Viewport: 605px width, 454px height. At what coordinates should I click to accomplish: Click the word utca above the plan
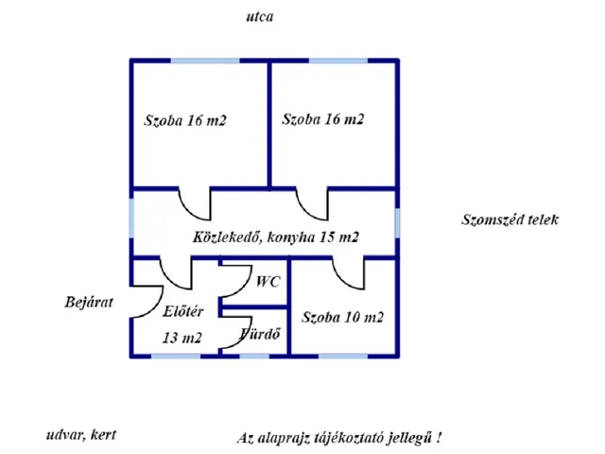point(260,17)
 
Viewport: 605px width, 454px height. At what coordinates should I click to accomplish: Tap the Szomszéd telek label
point(510,219)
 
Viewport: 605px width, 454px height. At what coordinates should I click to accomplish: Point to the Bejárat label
point(89,302)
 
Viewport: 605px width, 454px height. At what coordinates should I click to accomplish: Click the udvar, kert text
point(81,435)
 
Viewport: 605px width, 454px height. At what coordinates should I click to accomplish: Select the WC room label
point(268,282)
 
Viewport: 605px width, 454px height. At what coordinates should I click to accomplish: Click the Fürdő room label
point(259,334)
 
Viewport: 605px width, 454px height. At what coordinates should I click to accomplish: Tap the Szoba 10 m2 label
point(342,317)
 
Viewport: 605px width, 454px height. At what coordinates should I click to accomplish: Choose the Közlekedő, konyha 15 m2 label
point(276,236)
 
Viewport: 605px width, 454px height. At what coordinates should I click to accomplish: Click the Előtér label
point(182,311)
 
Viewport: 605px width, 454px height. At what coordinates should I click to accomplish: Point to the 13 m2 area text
point(182,338)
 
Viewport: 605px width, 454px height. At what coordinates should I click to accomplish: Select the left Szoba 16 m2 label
point(185,120)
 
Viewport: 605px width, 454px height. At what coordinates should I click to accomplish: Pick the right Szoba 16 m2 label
point(323,119)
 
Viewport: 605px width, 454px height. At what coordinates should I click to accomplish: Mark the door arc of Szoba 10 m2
point(338,279)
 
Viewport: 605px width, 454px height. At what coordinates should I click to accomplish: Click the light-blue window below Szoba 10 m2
point(343,356)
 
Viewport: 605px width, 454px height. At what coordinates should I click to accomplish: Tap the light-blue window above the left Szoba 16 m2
point(205,61)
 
